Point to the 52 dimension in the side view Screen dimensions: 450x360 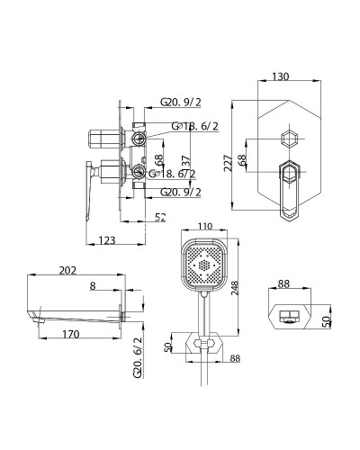(160, 216)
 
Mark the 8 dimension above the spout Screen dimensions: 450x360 (92, 286)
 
